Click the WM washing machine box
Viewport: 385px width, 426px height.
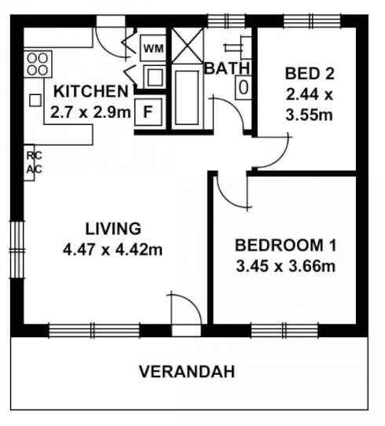click(152, 49)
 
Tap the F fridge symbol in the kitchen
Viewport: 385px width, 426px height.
click(147, 112)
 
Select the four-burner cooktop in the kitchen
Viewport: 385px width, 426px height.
click(37, 64)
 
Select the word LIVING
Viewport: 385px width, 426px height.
click(112, 229)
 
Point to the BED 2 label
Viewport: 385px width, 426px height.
click(309, 75)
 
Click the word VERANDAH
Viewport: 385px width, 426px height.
click(187, 372)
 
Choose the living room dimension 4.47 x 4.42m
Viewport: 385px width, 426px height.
click(112, 251)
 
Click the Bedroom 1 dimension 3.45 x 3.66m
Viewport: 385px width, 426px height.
click(285, 266)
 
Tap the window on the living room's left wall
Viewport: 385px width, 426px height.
click(15, 247)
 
